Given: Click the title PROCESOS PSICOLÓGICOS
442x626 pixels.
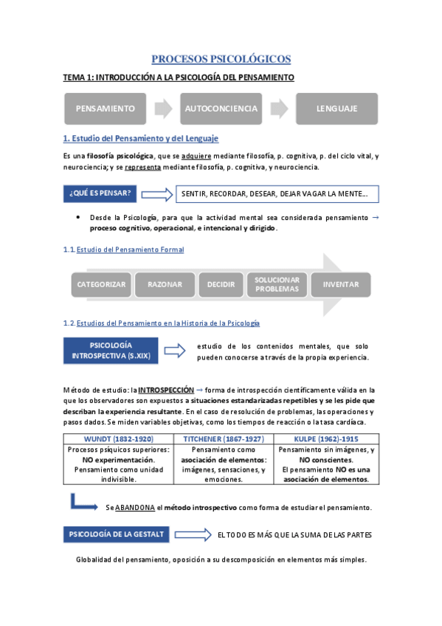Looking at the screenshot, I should tap(221, 59).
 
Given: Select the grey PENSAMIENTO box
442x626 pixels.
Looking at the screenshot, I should tap(106, 109).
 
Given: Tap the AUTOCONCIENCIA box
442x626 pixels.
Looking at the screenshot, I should tap(221, 109).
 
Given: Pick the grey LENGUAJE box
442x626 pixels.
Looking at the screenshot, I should tap(336, 109).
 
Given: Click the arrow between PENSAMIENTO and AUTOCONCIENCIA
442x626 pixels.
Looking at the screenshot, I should tap(164, 109).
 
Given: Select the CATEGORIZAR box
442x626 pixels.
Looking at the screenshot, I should tap(101, 284).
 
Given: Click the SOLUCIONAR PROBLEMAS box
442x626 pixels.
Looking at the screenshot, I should tap(277, 284).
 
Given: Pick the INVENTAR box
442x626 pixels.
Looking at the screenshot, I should tap(341, 284).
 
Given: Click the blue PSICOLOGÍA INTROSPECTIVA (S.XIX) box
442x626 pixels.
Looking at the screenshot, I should tap(111, 351).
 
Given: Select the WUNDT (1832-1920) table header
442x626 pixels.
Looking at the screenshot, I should tap(119, 438).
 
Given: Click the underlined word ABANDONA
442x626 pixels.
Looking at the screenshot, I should tap(135, 508).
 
